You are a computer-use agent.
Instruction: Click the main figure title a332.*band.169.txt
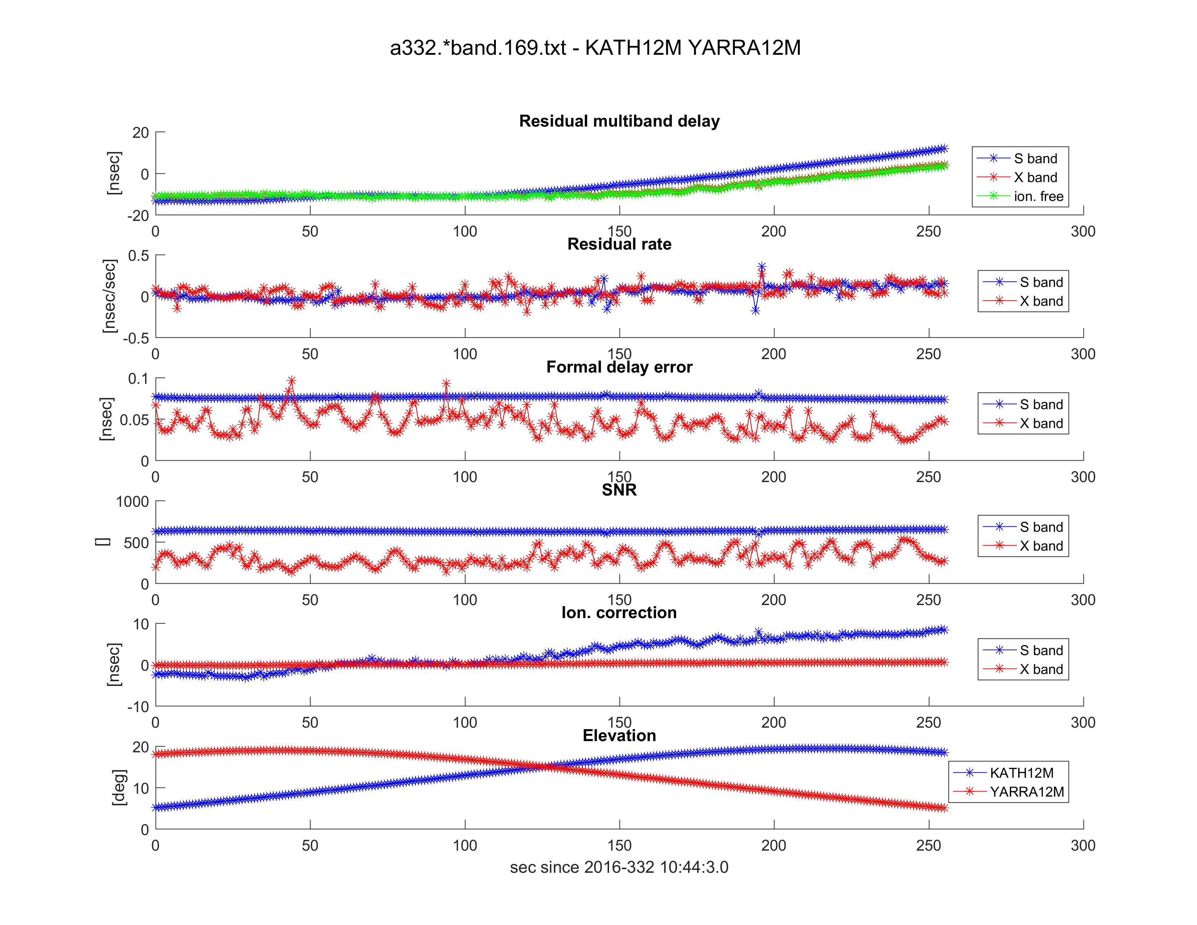[595, 48]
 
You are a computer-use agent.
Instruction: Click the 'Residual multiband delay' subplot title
[619, 121]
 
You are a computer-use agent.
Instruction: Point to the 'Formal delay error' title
[619, 367]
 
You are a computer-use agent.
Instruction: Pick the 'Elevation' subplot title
[619, 735]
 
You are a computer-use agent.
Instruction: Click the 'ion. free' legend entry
[1038, 196]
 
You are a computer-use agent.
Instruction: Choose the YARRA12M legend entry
[1026, 792]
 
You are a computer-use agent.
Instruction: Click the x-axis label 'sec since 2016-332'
[619, 867]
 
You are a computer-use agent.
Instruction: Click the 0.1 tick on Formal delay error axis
[138, 379]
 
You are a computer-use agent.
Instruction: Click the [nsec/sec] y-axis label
[110, 296]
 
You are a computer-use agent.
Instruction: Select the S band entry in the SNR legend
[1041, 527]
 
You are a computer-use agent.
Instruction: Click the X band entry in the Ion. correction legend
[1041, 669]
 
